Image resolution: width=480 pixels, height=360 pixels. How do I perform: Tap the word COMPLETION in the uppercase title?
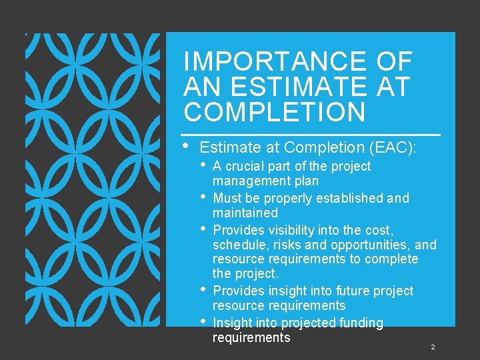click(275, 112)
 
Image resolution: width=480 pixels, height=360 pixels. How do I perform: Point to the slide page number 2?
click(433, 347)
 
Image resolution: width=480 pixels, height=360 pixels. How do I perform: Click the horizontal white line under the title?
click(312, 135)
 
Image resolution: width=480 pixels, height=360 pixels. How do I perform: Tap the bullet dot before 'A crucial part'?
click(205, 165)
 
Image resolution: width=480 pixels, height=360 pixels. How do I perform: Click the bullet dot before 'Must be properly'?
click(205, 197)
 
